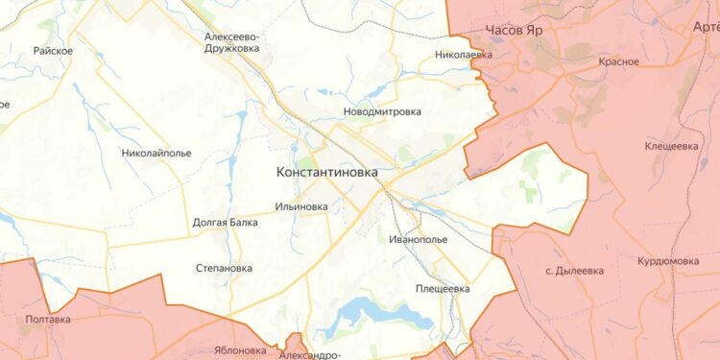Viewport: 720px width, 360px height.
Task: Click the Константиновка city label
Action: coord(326,173)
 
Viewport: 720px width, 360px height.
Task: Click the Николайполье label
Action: coord(156,153)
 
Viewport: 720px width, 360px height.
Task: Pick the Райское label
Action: coord(53,51)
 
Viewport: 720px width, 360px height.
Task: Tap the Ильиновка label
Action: coord(300,206)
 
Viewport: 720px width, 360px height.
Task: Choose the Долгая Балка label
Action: coord(225,223)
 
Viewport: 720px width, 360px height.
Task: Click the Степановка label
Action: coord(224,269)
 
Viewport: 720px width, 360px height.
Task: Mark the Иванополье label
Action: coord(420,239)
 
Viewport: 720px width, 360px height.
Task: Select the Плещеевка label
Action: coord(443,288)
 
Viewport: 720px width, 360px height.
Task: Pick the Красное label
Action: coord(618,62)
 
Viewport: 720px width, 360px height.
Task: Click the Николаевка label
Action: coord(463,55)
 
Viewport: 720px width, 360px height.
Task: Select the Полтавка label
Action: coord(48,319)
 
